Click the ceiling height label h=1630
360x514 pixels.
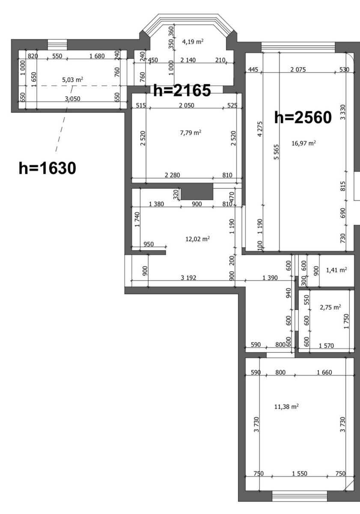pos(47,168)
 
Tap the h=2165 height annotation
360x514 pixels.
pos(182,90)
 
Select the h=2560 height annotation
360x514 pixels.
pos(303,117)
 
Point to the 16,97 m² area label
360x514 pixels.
pos(303,143)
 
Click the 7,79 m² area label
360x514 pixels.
pos(191,133)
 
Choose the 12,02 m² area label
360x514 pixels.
pos(198,239)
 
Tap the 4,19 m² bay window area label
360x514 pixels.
pos(193,42)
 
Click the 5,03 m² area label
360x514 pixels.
pos(72,80)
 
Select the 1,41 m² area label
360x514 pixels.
pos(336,270)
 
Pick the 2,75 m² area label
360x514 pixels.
pos(330,307)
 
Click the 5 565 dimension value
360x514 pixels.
pos(277,152)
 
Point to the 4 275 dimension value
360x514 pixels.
pos(260,129)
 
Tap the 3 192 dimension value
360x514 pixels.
pos(188,278)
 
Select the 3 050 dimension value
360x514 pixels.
pos(72,99)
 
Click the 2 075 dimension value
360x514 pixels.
pos(298,69)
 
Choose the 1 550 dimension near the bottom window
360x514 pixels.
pos(300,473)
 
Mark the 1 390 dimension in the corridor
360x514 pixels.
pos(270,278)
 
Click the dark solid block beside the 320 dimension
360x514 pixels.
pos(197,191)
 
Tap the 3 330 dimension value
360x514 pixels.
pos(343,112)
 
